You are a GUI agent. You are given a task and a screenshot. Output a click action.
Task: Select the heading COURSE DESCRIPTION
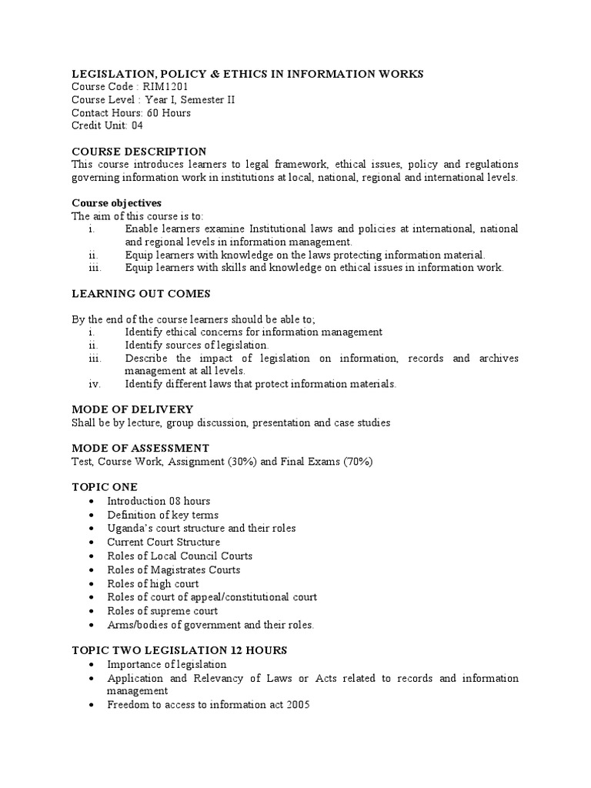coord(139,152)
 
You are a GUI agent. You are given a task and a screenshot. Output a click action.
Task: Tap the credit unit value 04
coord(137,125)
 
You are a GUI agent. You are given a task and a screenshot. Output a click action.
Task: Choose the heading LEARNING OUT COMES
coord(141,294)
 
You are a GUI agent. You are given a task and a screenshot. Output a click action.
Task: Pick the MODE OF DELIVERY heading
coord(132,409)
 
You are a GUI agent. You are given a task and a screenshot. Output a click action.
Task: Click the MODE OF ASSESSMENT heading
coord(140,448)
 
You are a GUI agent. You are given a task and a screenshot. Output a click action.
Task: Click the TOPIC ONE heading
coord(105,487)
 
